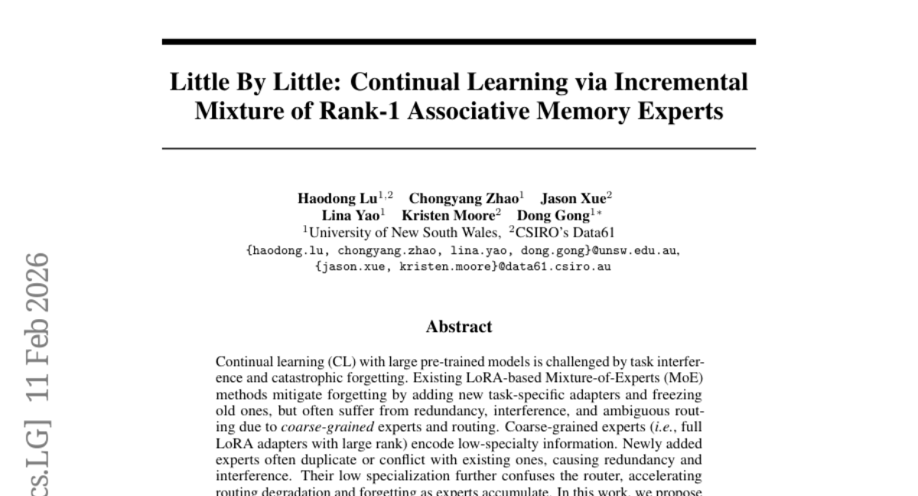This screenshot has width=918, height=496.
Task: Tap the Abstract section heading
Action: [459, 327]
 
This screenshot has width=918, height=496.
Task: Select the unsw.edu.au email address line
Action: [462, 250]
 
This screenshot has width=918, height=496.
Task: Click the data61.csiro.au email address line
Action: [462, 267]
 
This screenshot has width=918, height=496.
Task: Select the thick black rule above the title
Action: [459, 41]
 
